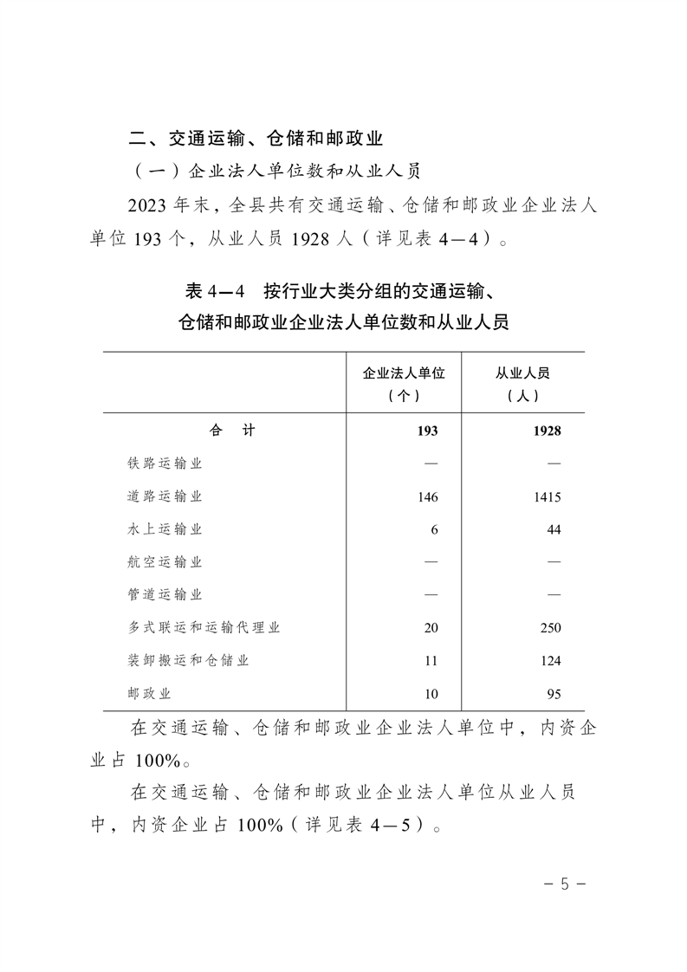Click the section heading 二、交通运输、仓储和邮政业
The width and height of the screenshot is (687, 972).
pos(256,138)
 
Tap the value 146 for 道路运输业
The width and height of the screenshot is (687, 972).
pos(427,497)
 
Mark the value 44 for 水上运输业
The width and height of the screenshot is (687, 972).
pos(554,529)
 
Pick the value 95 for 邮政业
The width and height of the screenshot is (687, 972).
pos(554,694)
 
